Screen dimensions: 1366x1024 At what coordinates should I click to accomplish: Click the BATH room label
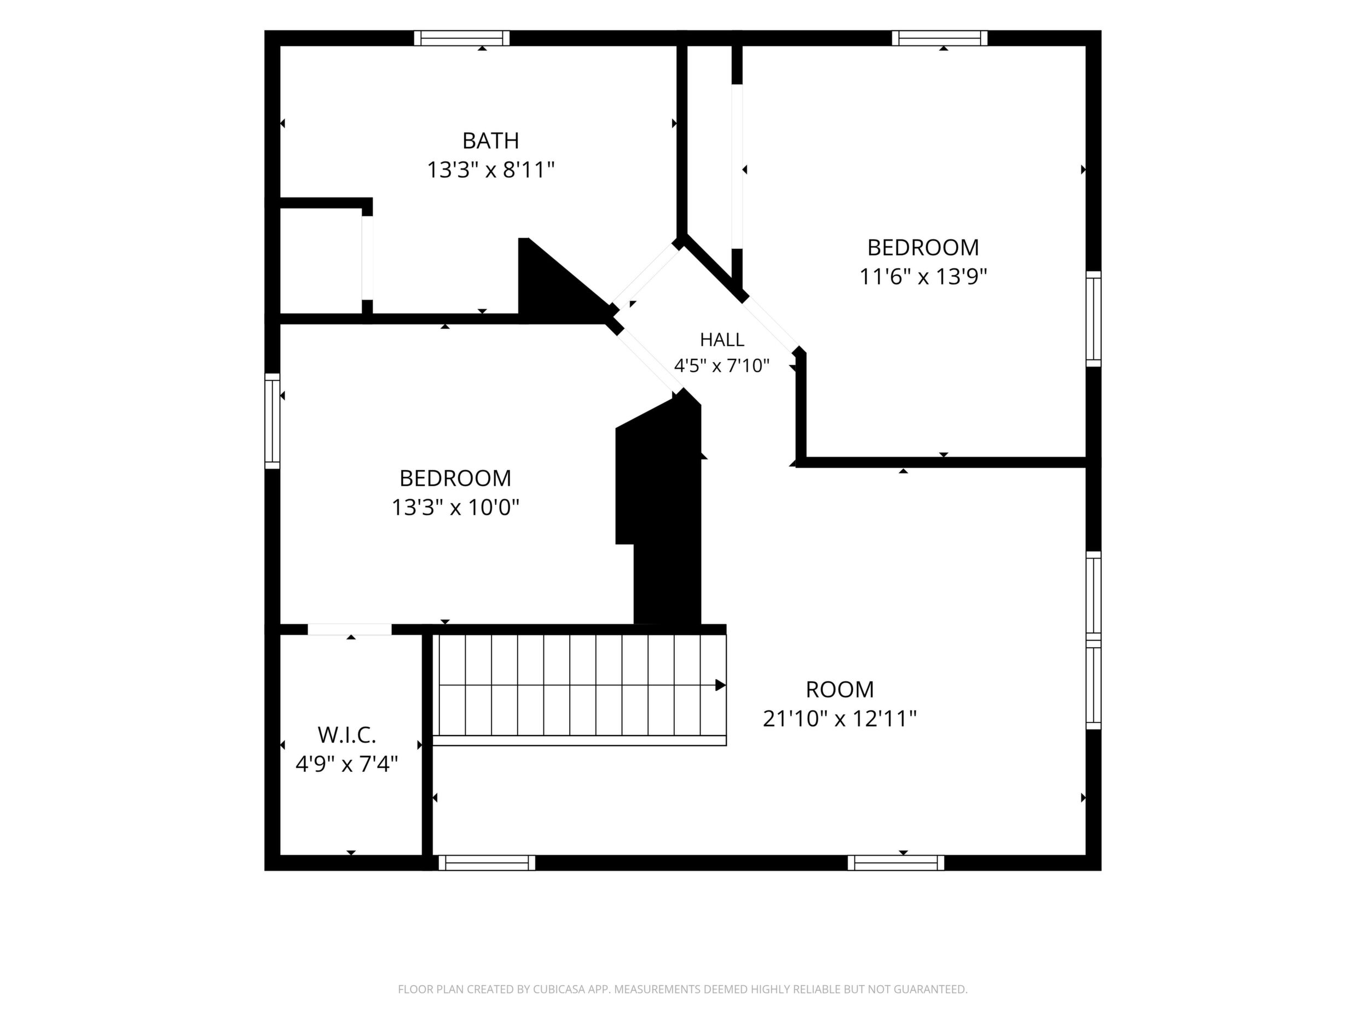click(x=490, y=141)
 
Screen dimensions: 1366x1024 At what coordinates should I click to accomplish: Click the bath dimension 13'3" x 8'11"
click(x=490, y=170)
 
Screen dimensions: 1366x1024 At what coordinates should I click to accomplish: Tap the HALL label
click(x=721, y=340)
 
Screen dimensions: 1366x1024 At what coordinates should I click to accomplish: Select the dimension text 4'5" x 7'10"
click(x=721, y=366)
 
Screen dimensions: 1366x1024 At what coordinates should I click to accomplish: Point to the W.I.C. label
click(x=346, y=735)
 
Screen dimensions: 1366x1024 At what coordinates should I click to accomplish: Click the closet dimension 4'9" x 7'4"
click(x=346, y=765)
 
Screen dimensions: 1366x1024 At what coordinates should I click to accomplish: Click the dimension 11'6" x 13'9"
click(x=923, y=277)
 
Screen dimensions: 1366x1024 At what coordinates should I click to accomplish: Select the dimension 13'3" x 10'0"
click(x=455, y=508)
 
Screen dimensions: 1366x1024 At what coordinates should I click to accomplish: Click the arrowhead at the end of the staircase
click(x=721, y=685)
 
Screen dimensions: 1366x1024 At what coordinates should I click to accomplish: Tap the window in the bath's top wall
click(x=461, y=38)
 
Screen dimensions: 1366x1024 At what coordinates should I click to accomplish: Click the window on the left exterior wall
click(x=273, y=421)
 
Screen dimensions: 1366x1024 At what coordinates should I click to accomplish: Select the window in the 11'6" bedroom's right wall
click(x=1093, y=319)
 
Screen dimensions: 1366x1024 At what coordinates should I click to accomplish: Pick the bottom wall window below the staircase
click(x=487, y=863)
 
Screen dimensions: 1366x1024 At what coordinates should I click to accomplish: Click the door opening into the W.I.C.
click(x=350, y=630)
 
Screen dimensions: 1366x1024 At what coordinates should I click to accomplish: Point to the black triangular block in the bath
click(x=559, y=281)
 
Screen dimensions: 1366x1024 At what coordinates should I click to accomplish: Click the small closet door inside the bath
click(x=367, y=258)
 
